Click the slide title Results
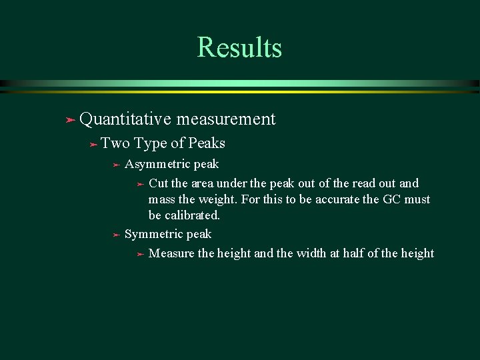[239, 47]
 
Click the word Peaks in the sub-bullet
[207, 143]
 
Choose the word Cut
[159, 183]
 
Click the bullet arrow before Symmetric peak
[115, 235]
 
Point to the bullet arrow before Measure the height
[139, 255]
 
